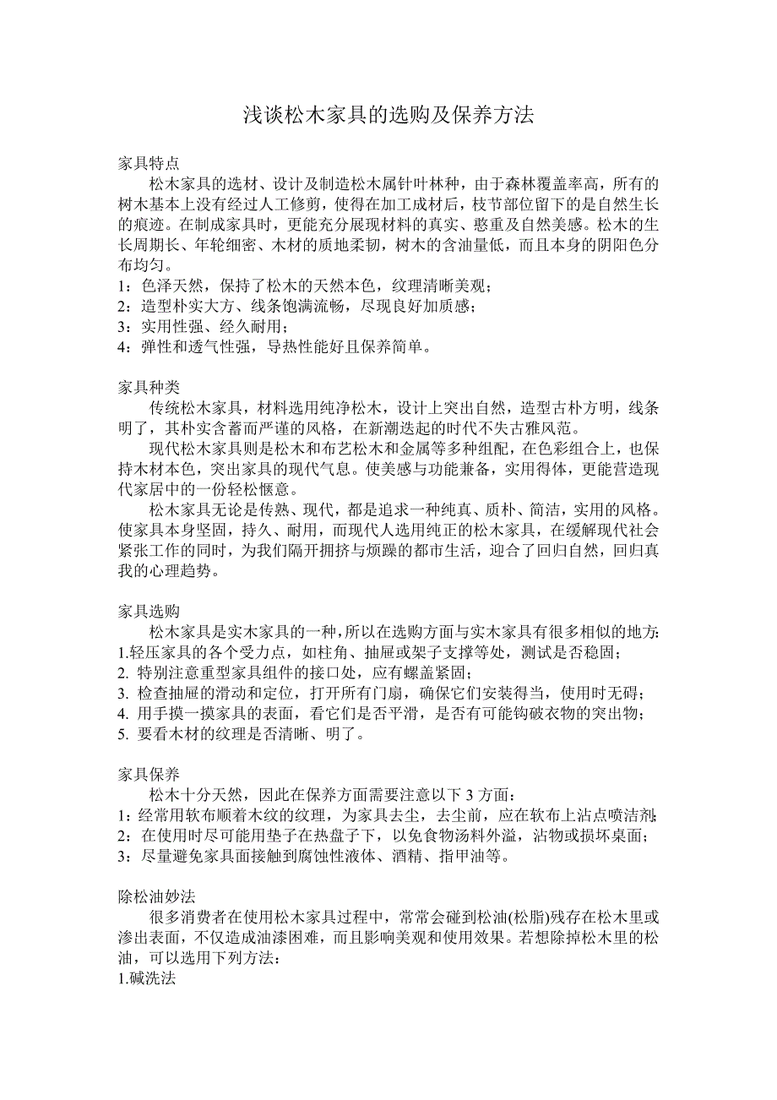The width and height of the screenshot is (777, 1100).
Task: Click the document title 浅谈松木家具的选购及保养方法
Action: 388,116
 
